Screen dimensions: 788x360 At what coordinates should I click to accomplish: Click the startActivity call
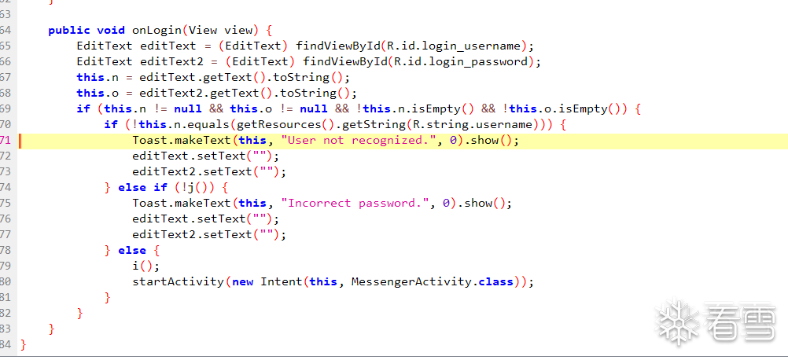(x=178, y=281)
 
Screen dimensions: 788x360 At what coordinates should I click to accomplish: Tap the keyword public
(x=69, y=31)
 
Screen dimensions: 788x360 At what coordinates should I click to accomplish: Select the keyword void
(x=111, y=31)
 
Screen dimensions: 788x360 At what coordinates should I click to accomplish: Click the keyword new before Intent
(x=243, y=281)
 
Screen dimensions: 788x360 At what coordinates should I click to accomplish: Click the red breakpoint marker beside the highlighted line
(x=20, y=141)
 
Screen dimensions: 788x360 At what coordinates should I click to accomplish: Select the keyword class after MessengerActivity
(x=495, y=281)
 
